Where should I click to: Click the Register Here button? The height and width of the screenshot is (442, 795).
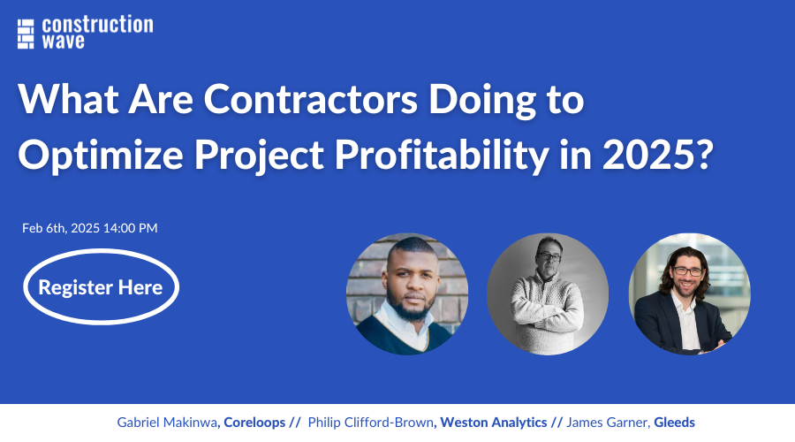coord(101,287)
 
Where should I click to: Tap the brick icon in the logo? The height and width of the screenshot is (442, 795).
coord(26,33)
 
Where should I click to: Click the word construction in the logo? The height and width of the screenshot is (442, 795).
coord(97,25)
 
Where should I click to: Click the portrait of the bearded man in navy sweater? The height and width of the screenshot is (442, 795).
coord(407,294)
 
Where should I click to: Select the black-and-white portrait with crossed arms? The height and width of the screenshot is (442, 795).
coord(548,294)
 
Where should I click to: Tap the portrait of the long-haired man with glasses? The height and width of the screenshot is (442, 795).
coord(689,294)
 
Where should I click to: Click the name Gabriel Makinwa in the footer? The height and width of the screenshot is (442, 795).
coord(167,423)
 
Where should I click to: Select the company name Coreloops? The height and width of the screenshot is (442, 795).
coord(254,423)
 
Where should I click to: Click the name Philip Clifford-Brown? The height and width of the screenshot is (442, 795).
coord(371,423)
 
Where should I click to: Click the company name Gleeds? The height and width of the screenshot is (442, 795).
coord(675,423)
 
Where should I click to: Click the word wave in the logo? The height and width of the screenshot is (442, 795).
coord(64,42)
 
